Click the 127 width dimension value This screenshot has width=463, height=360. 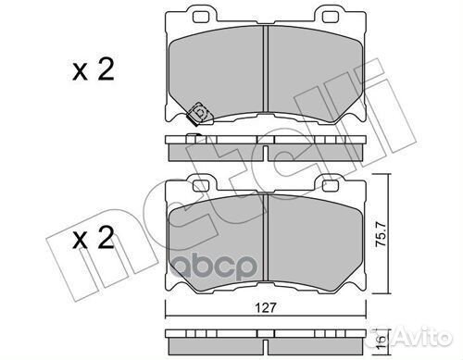click(x=266, y=308)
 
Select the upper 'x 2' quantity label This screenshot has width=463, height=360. click(x=94, y=69)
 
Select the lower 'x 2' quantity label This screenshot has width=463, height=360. click(x=94, y=238)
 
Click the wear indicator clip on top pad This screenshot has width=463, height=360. click(x=198, y=113)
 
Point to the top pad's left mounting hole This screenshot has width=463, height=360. click(x=201, y=18)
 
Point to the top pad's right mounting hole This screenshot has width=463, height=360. click(x=331, y=18)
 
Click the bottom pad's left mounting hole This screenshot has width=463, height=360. click(x=201, y=186)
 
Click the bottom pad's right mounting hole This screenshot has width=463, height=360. click(x=331, y=186)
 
